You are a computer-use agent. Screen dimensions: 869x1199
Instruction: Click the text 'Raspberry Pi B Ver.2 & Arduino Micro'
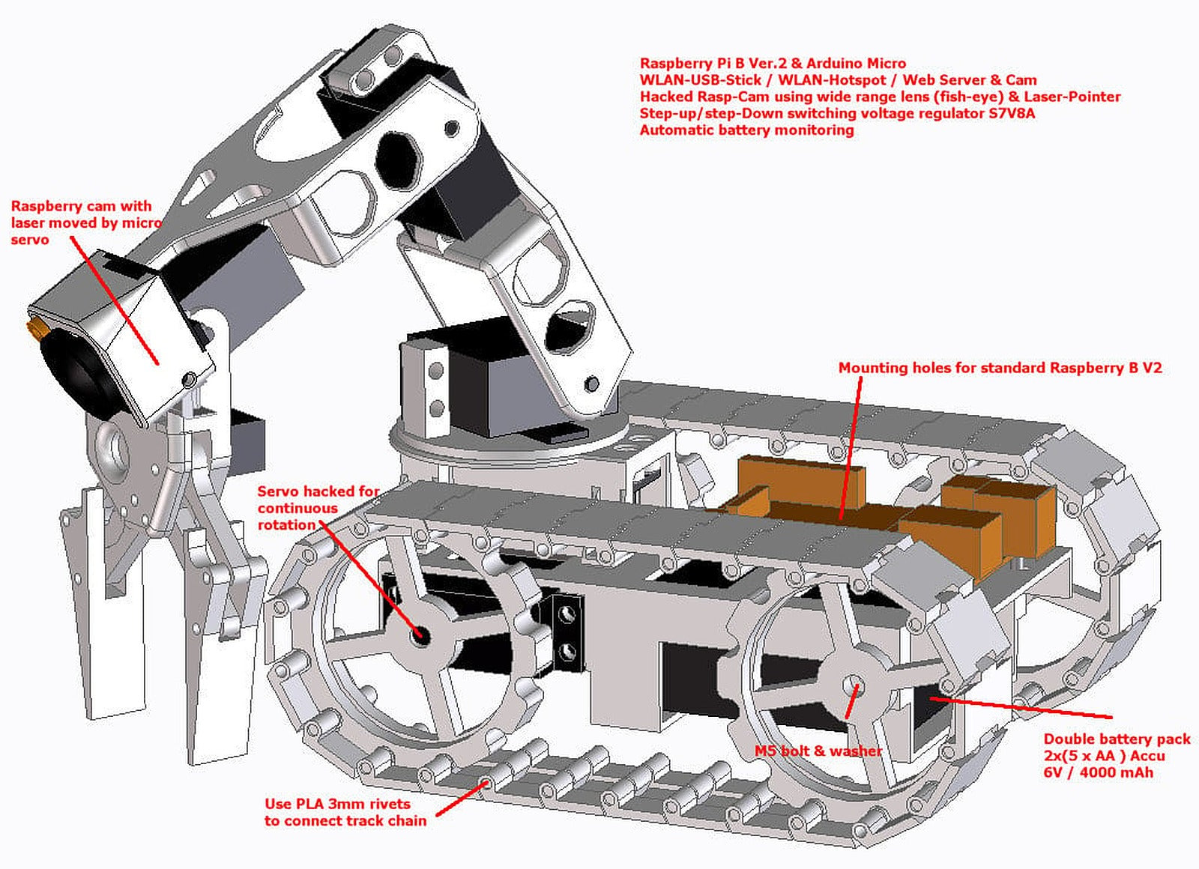[x=773, y=64]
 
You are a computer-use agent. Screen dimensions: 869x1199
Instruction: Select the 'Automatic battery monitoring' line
[x=746, y=130]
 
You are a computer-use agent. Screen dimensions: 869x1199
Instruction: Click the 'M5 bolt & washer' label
[x=818, y=751]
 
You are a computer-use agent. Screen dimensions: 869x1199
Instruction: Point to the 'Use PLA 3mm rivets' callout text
[x=337, y=804]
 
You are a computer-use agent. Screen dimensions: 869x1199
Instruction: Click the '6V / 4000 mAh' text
[x=1098, y=773]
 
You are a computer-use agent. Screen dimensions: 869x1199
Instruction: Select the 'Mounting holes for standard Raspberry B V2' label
[x=1000, y=368]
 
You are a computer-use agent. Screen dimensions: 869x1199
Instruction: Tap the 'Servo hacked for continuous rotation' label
[x=318, y=508]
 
